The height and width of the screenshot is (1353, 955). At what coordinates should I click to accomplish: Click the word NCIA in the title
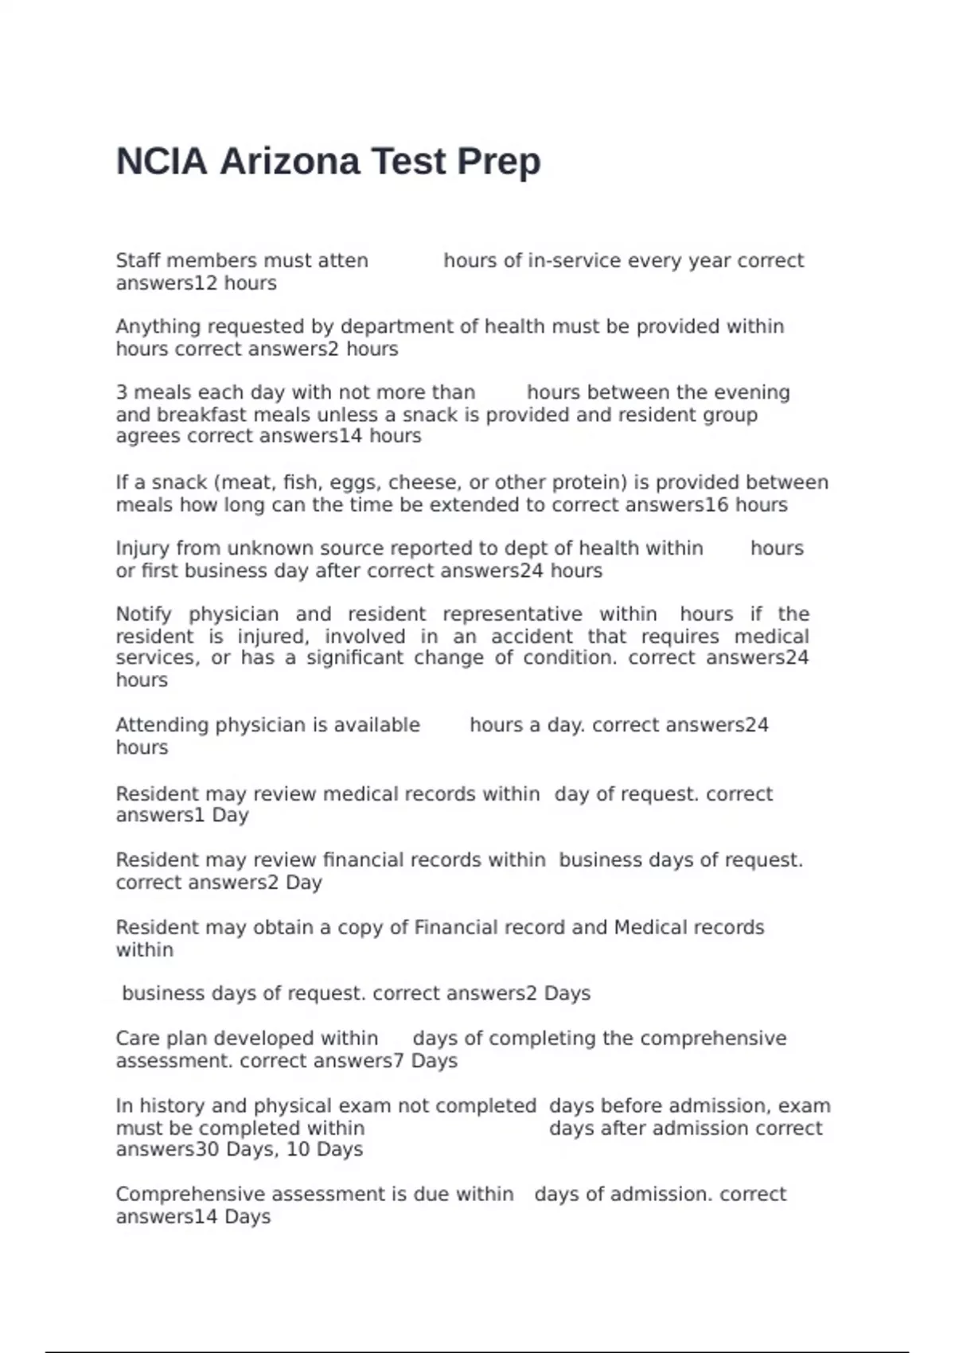pyautogui.click(x=162, y=162)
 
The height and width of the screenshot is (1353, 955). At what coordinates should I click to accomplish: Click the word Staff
pyautogui.click(x=138, y=261)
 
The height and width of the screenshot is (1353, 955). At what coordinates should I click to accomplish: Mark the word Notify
pyautogui.click(x=143, y=614)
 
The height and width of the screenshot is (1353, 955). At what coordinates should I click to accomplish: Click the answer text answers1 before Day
pyautogui.click(x=160, y=816)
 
